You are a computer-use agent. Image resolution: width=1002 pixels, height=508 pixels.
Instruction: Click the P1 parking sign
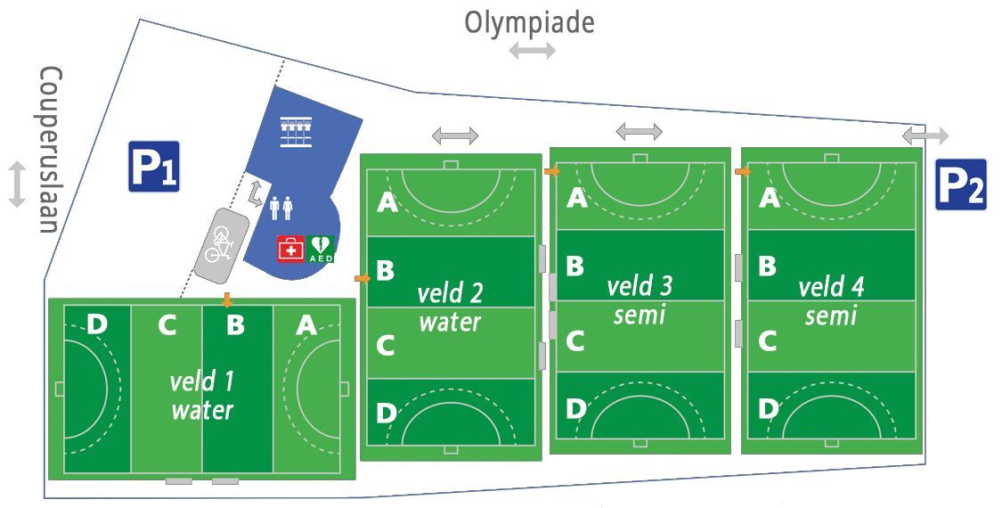[x=154, y=167]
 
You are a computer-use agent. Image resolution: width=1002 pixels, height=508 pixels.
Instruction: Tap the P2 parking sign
[x=960, y=184]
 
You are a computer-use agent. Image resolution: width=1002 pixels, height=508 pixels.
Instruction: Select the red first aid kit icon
[x=290, y=249]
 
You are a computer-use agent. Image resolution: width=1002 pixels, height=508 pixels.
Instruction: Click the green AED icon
[x=320, y=249]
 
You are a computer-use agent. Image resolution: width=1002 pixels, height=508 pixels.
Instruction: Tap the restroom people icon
[x=281, y=208]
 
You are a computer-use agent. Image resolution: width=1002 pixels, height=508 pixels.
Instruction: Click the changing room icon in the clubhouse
[x=296, y=132]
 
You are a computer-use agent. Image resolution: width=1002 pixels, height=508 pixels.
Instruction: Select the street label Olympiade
[x=529, y=22]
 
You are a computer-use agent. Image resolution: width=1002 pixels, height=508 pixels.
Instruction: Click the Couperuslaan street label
[x=49, y=151]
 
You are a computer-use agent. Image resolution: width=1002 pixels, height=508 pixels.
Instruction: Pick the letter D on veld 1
[x=96, y=324]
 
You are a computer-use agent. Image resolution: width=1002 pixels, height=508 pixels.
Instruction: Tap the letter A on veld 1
[x=306, y=325]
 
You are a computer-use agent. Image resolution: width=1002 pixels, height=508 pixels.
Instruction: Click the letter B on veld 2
[x=385, y=271]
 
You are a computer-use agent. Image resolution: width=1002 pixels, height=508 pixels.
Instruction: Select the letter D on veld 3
[x=575, y=409]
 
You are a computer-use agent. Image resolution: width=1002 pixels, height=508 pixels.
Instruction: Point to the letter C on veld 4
[x=767, y=341]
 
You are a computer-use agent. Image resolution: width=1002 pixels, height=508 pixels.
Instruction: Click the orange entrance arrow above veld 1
[x=227, y=299]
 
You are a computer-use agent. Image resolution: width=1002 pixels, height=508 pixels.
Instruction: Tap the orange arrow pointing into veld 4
[x=743, y=171]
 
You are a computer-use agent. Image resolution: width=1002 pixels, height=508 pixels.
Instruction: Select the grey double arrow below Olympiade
[x=533, y=51]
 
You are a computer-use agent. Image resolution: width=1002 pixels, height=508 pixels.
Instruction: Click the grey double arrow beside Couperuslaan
[x=17, y=184]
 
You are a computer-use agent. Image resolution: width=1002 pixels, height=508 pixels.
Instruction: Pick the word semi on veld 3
[x=639, y=315]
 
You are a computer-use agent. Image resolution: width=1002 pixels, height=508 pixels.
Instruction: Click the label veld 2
[x=450, y=294]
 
